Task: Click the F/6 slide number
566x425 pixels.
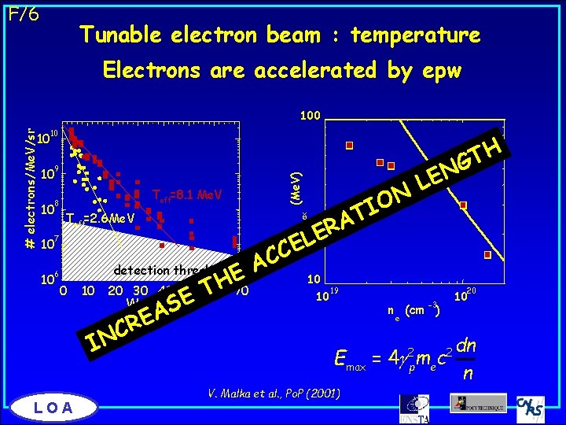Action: [23, 14]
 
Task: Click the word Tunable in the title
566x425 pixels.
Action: [119, 35]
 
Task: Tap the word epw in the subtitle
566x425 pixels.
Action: [442, 71]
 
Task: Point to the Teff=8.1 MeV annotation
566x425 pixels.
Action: [187, 194]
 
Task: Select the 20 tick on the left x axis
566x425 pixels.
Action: [115, 291]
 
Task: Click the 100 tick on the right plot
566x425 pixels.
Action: [310, 116]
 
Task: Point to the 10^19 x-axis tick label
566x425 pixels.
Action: [326, 296]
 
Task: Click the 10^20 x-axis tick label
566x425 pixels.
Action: [465, 296]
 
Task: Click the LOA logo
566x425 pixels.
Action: [56, 406]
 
